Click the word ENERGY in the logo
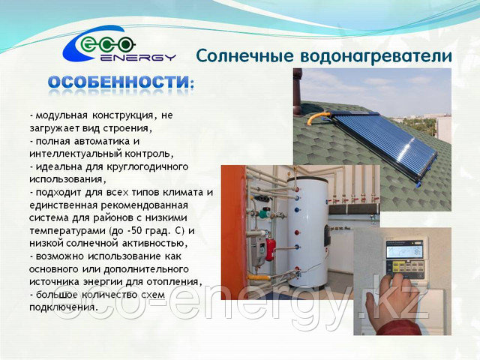coord(138,57)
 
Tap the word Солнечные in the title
coord(244,56)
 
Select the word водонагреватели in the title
coord(376,57)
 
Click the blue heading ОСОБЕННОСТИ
coord(118,82)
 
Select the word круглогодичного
coord(148,167)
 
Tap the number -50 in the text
coord(134,230)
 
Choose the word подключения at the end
coord(63,307)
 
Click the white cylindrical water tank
coord(308,232)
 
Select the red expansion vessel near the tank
coord(271,249)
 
